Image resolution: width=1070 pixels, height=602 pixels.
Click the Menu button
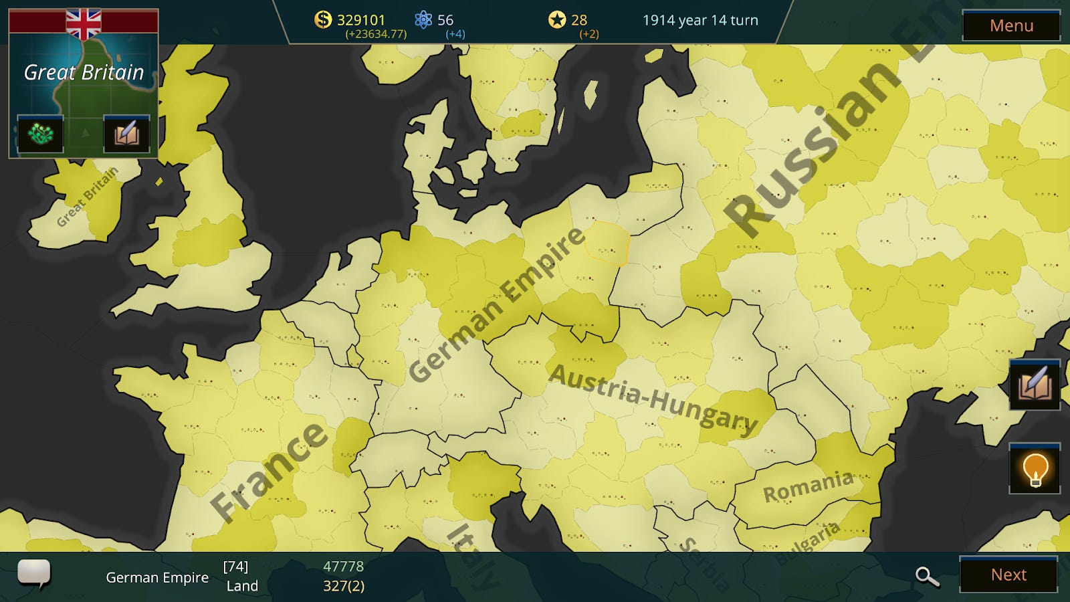pos(1011,25)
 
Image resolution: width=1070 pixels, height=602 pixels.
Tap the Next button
pos(1008,575)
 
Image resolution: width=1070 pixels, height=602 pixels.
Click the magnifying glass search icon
pos(927,576)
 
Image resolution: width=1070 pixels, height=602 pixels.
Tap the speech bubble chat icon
pos(33,573)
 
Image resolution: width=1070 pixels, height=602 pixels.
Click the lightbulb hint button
pos(1035,469)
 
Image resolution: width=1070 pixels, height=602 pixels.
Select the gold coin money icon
pos(323,19)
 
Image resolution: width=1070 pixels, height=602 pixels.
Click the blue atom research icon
pos(423,19)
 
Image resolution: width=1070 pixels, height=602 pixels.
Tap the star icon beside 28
pos(556,19)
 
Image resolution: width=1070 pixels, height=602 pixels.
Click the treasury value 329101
pos(361,20)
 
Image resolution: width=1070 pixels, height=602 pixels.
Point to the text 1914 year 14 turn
pos(700,20)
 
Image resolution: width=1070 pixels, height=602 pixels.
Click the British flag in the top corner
pos(84,23)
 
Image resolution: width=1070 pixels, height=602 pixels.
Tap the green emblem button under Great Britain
pos(40,134)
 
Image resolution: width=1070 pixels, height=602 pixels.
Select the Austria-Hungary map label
pos(653,399)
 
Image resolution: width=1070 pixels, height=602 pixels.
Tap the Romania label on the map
pos(808,486)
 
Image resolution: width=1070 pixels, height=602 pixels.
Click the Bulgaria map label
pos(808,542)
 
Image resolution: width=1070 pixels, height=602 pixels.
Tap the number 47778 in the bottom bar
pos(343,567)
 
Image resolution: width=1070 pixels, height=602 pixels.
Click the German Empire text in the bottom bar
pos(157,577)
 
